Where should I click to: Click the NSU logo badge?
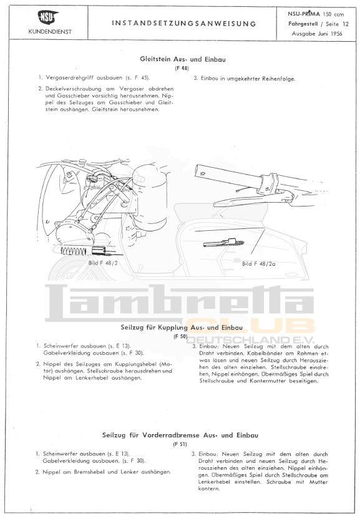point(48,17)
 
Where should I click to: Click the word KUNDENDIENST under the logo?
point(49,32)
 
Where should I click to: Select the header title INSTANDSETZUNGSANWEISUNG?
point(183,24)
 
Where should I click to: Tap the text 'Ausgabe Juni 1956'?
point(317,34)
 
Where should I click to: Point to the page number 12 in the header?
point(346,24)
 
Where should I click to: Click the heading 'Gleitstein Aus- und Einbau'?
point(183,59)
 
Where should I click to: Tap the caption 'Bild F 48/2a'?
point(259,263)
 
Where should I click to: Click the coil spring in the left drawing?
point(74,251)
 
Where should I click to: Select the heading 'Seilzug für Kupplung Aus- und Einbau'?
point(182,327)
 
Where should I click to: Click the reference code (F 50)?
point(180,336)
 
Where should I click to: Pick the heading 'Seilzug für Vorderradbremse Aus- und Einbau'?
point(180,435)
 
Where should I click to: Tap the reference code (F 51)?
point(180,445)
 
